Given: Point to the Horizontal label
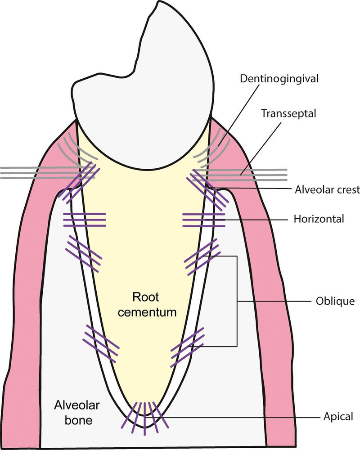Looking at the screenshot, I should pos(319,220).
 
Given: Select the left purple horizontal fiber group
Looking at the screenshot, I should pos(85,220).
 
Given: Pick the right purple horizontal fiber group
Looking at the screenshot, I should pos(204,220).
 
